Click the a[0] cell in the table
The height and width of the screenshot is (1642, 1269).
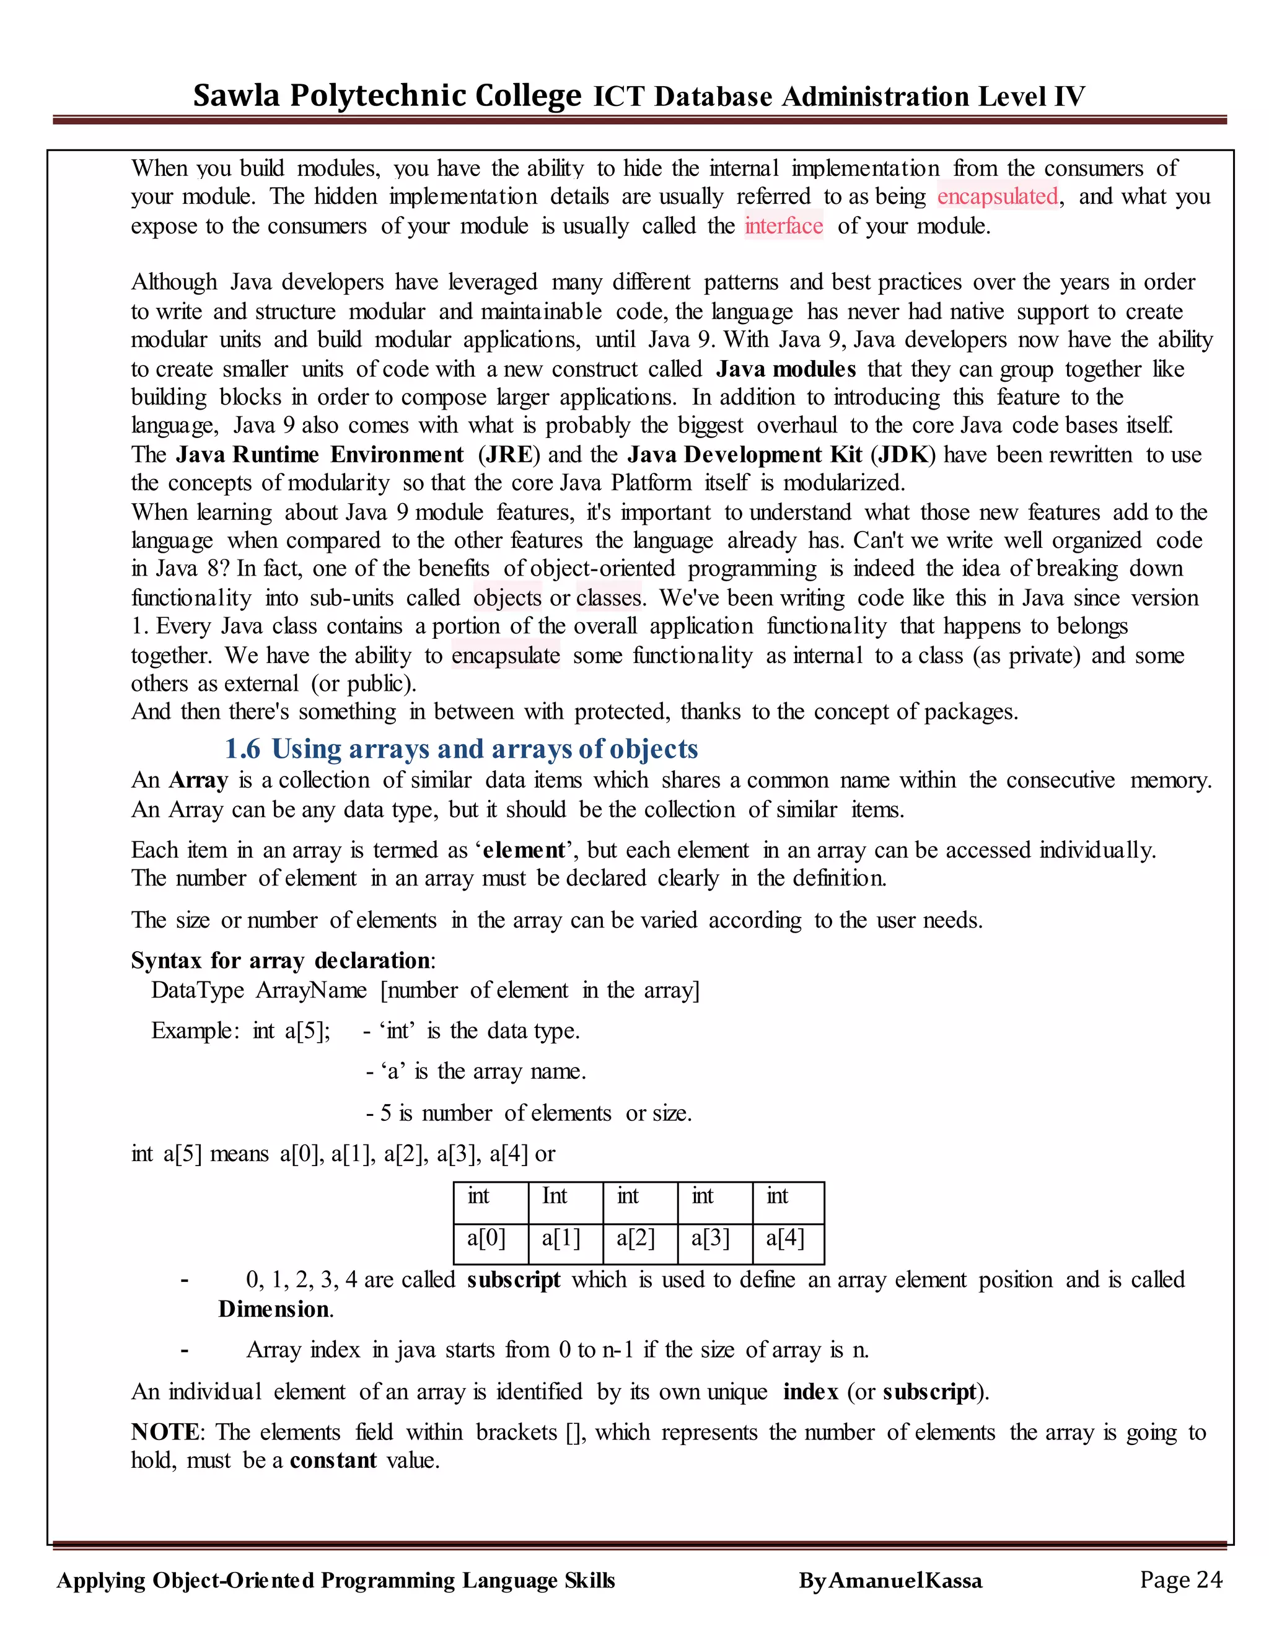point(487,1237)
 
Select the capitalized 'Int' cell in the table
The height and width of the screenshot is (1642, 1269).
point(555,1195)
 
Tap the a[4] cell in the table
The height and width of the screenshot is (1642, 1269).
point(785,1237)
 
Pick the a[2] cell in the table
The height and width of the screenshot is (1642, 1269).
point(636,1237)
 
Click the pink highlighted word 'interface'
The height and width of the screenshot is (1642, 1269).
point(783,226)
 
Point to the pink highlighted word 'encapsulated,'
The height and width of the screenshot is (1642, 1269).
point(998,196)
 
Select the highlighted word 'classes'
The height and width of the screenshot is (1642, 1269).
point(609,598)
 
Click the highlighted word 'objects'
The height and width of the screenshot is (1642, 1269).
point(507,598)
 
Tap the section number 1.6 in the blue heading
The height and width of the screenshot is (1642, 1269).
point(242,749)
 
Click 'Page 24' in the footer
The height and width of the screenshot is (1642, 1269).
point(1180,1579)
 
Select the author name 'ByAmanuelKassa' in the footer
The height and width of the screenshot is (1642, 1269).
point(890,1581)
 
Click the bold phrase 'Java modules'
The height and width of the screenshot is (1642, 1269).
point(786,369)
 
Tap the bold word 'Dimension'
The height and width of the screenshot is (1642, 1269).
point(274,1309)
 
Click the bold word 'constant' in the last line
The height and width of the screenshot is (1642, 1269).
point(333,1460)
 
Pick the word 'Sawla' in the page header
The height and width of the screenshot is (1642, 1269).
point(236,96)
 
